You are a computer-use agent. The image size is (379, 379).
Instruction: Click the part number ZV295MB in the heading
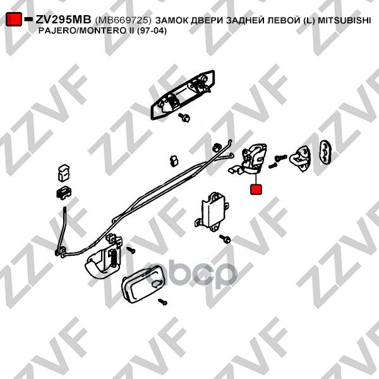pyautogui.click(x=63, y=20)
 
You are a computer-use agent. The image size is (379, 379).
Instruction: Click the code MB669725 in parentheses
pyautogui.click(x=123, y=20)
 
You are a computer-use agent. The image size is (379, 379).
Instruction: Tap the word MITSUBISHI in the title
pyautogui.click(x=344, y=20)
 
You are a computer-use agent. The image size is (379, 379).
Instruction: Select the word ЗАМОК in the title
pyautogui.click(x=172, y=20)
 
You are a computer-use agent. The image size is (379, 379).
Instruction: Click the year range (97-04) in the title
pyautogui.click(x=152, y=31)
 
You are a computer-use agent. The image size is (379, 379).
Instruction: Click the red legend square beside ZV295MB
pyautogui.click(x=14, y=19)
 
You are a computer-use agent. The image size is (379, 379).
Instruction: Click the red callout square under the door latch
pyautogui.click(x=256, y=189)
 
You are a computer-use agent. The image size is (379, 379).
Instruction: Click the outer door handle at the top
pyautogui.click(x=183, y=94)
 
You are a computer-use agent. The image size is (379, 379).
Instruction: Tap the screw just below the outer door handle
pyautogui.click(x=184, y=117)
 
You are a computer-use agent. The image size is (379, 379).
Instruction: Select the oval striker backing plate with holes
pyautogui.click(x=325, y=152)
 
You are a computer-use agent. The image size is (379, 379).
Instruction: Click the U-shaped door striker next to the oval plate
pyautogui.click(x=300, y=159)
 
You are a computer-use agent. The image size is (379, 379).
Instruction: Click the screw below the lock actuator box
pyautogui.click(x=225, y=239)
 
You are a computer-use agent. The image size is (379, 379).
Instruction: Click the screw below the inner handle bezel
pyautogui.click(x=162, y=301)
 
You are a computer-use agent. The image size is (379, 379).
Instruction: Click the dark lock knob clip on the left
pyautogui.click(x=64, y=193)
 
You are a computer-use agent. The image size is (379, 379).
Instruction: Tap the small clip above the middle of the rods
pyautogui.click(x=174, y=161)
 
